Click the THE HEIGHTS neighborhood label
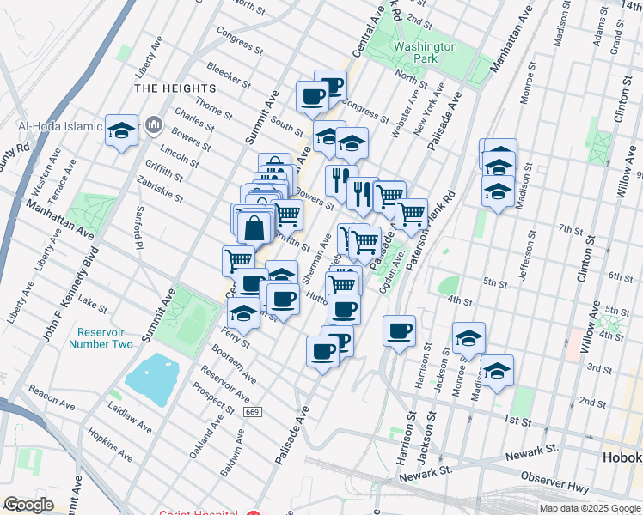click(x=174, y=88)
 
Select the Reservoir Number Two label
click(x=105, y=338)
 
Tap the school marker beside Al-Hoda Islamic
click(x=122, y=131)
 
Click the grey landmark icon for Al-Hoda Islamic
click(x=155, y=126)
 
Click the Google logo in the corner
click(x=28, y=505)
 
